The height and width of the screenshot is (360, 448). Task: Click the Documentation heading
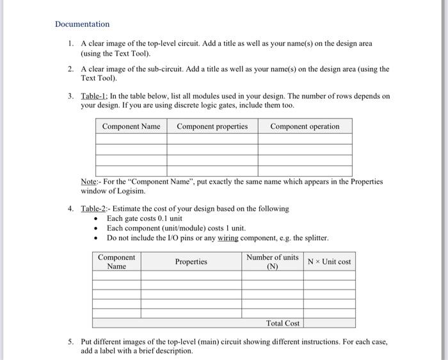(82, 24)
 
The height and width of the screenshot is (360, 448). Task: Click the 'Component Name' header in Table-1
(131, 126)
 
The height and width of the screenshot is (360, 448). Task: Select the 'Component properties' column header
(212, 126)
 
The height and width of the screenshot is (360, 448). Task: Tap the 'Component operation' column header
(305, 126)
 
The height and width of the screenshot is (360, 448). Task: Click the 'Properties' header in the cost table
(191, 261)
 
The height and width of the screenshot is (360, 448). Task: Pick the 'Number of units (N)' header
(272, 261)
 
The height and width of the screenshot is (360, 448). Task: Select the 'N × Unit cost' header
(329, 261)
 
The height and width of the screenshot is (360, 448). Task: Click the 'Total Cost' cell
(283, 323)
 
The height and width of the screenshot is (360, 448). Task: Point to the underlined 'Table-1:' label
(94, 97)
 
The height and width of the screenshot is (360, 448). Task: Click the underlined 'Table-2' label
(93, 209)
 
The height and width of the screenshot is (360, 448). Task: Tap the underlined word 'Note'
(88, 181)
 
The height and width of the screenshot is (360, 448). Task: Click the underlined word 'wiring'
(228, 238)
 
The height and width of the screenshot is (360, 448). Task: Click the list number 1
(70, 44)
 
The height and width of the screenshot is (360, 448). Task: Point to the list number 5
(70, 342)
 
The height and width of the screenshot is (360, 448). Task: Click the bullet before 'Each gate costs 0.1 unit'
(95, 219)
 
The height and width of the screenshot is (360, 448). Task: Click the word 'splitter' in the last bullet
(314, 238)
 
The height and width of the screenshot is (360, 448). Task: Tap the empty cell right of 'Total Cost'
(329, 323)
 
